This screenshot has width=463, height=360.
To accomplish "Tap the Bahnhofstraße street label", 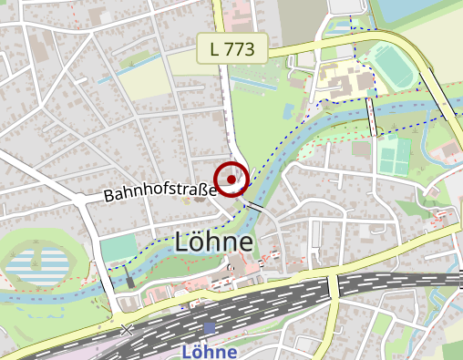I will (x=159, y=192).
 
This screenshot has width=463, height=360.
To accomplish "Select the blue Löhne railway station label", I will (x=210, y=351).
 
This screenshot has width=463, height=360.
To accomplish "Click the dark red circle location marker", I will (x=231, y=179).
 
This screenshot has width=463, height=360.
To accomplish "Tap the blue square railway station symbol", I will (x=211, y=328).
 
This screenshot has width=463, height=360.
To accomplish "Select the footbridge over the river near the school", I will (x=372, y=117).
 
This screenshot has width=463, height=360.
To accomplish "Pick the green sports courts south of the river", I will (x=394, y=156).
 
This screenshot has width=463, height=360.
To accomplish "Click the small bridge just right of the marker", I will (x=255, y=207).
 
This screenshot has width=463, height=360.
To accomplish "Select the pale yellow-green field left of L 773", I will (x=141, y=81).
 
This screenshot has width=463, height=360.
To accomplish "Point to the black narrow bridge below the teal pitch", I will (x=129, y=279).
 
